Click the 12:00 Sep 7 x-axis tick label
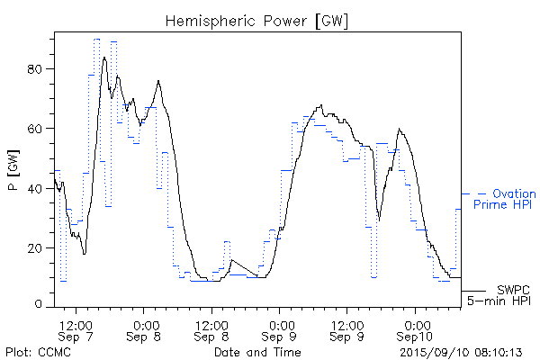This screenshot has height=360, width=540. pos(76,328)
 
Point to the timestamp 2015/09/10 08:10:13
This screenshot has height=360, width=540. pos(461,351)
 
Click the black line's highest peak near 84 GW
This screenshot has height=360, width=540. pos(105,58)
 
